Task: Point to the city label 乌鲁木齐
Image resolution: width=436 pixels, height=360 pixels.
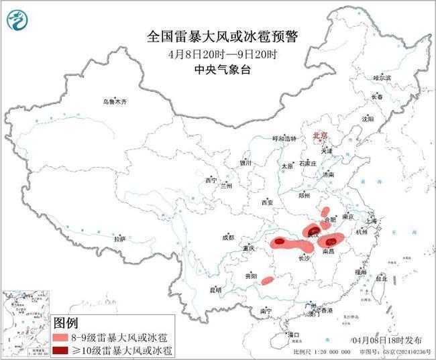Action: (115, 102)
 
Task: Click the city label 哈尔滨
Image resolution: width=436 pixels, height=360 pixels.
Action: (382, 78)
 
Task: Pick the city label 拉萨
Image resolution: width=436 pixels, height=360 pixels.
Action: (120, 239)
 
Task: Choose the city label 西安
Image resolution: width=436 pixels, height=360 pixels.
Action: (268, 202)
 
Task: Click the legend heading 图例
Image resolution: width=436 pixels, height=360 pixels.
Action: (66, 321)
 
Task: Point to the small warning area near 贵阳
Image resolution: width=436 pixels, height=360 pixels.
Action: (267, 280)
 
